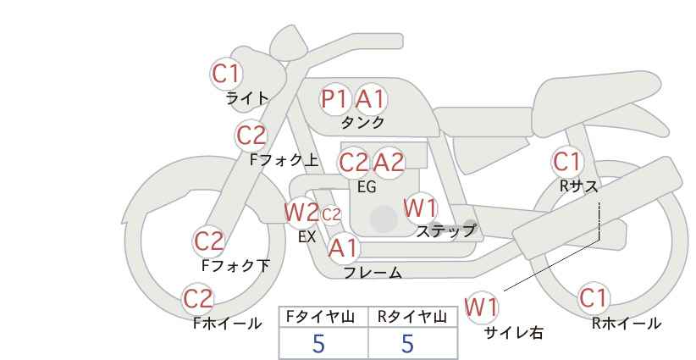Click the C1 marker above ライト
(226, 74)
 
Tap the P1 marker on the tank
(335, 98)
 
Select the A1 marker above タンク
(371, 98)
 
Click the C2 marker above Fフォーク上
(251, 136)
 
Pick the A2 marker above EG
(389, 163)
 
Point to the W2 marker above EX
(301, 212)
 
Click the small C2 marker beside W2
(331, 215)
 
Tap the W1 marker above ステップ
(420, 208)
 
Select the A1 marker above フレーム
(343, 248)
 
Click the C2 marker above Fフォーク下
(209, 241)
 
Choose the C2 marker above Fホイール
(198, 299)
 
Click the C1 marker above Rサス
(566, 162)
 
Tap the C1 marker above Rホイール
(593, 298)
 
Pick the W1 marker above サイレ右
(482, 307)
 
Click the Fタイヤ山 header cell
(323, 317)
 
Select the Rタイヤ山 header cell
(413, 317)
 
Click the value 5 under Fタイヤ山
(318, 343)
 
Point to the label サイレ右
(513, 333)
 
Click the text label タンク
(362, 122)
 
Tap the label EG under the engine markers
(367, 187)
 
